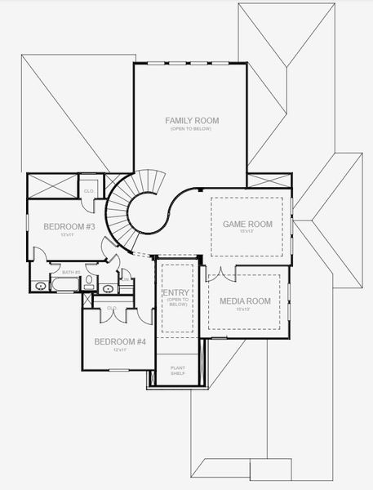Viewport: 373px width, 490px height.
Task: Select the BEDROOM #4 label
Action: tap(120, 341)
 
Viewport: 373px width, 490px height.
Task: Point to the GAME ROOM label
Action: tap(247, 223)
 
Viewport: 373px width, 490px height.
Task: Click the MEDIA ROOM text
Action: tap(244, 301)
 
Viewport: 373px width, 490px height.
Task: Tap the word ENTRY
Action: tap(177, 293)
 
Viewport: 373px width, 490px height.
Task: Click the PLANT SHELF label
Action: tap(178, 371)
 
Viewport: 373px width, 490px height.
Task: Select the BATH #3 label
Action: tap(71, 272)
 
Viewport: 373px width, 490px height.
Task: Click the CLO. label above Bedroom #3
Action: tap(90, 190)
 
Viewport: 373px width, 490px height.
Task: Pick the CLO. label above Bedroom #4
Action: tap(113, 308)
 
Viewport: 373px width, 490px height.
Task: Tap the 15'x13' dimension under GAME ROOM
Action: tap(247, 232)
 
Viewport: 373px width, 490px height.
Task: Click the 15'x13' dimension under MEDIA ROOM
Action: tap(244, 310)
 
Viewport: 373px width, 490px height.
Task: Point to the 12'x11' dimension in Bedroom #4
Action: tap(120, 350)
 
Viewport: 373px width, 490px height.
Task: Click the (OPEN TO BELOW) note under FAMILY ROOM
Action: tap(192, 130)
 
